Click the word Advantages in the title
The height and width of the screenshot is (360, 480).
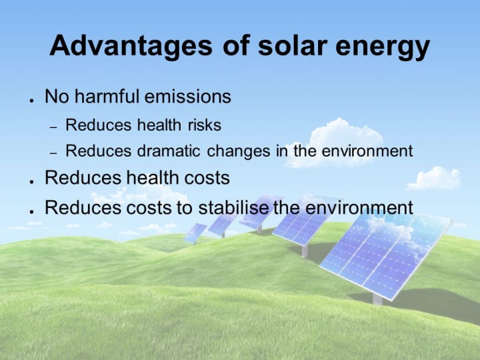pos(131,46)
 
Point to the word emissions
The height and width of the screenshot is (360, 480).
pos(187,96)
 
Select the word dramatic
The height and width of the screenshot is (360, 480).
pos(169,151)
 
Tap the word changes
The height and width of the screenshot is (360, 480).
pos(239,151)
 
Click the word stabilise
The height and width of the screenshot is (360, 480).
pos(233,207)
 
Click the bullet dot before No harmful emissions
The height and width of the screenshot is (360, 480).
pos(31,101)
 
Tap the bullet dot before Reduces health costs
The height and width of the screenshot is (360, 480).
pos(31,182)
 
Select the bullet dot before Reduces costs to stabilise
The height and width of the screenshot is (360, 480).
pos(31,211)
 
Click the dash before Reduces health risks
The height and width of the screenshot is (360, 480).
pos(53,127)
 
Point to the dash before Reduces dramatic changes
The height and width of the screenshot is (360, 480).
pos(53,152)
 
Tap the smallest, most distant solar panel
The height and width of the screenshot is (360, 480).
pos(195,233)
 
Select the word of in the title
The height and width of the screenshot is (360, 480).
pos(236,45)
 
